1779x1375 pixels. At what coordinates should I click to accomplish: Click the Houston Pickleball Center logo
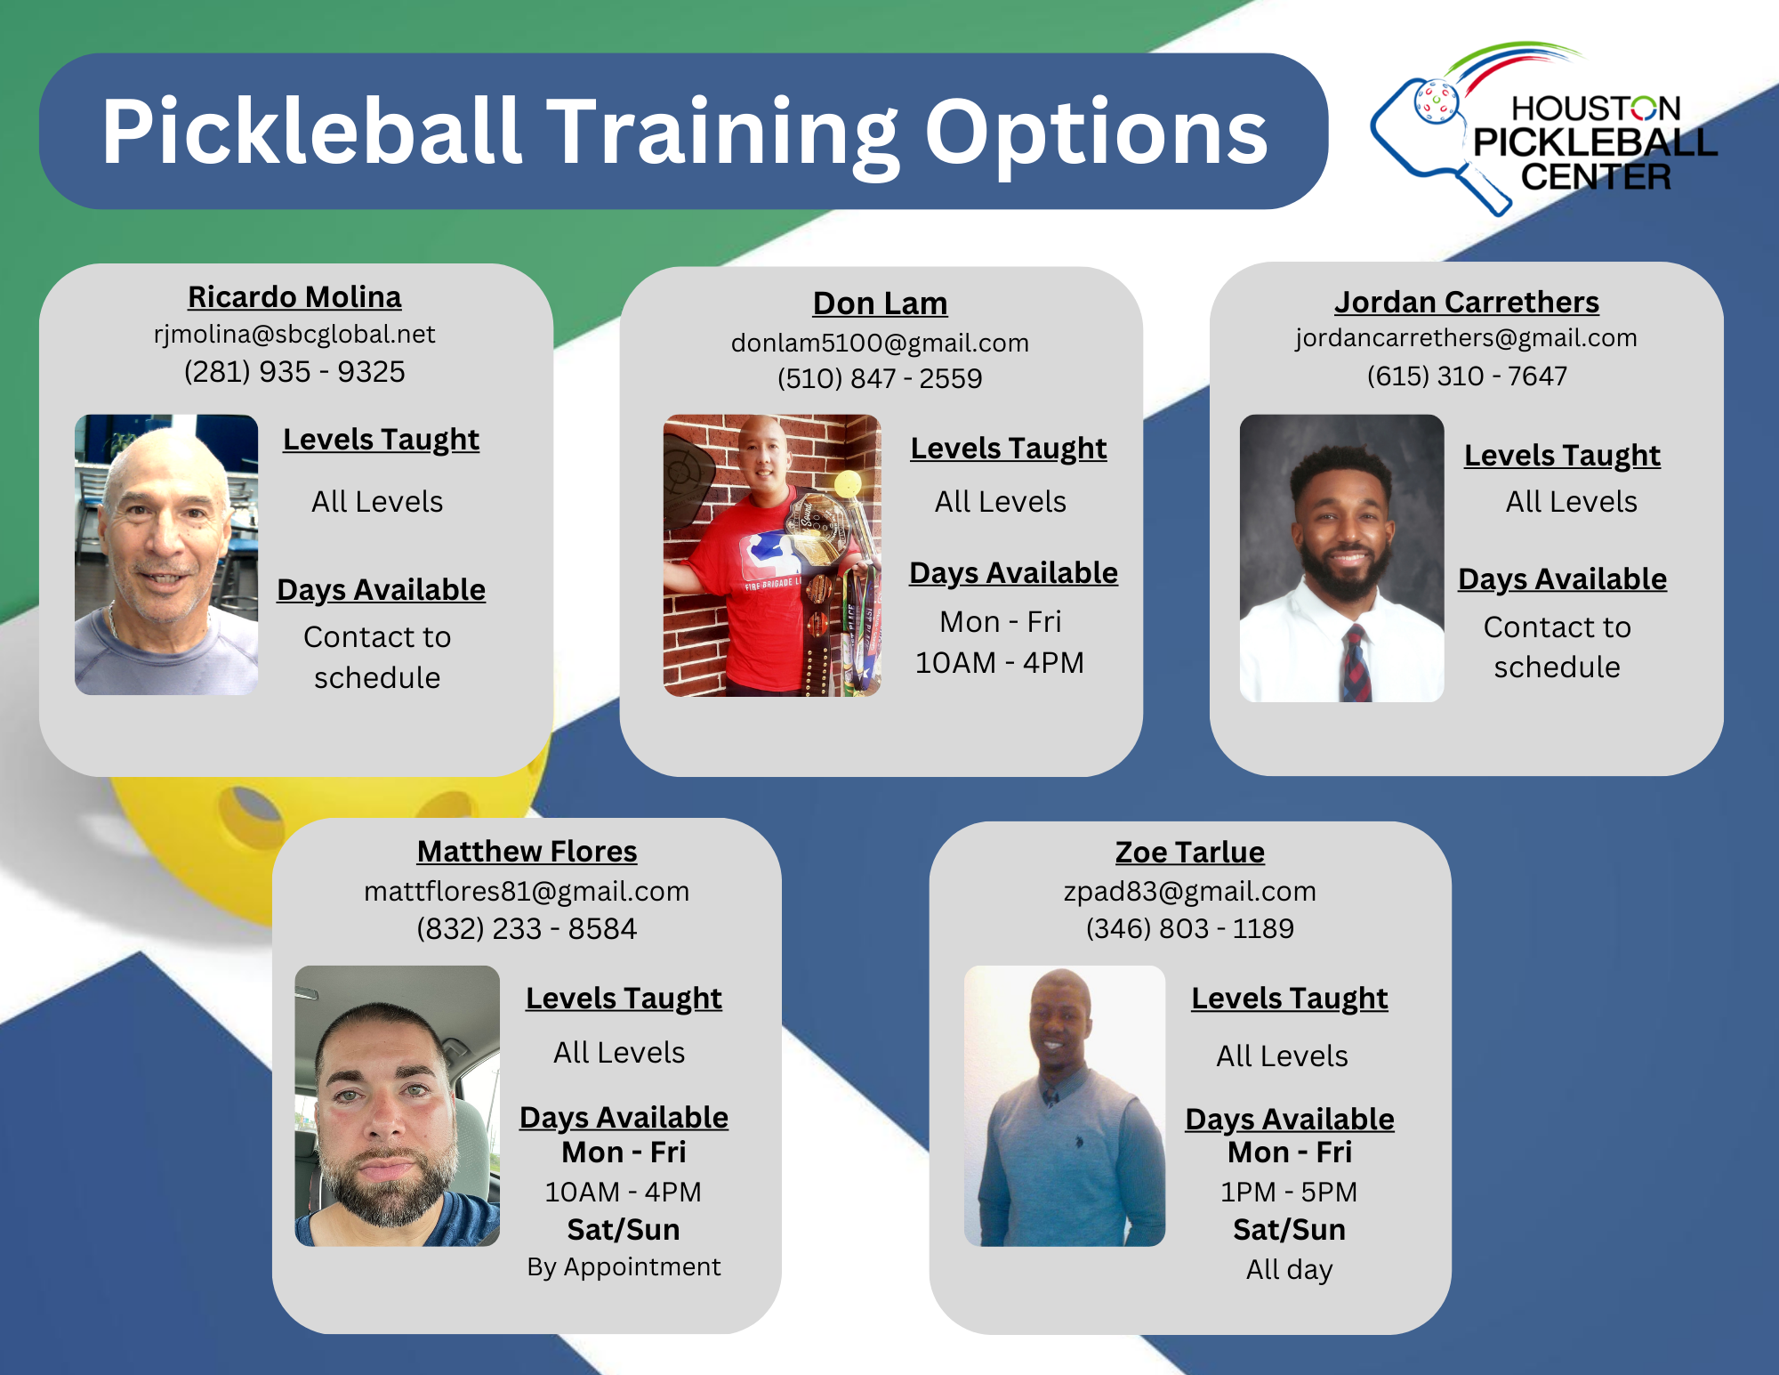click(1548, 133)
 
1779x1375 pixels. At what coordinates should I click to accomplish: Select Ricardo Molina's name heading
click(294, 297)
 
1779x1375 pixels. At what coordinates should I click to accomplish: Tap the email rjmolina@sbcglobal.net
click(294, 335)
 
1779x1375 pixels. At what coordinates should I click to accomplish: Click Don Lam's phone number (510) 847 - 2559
click(880, 379)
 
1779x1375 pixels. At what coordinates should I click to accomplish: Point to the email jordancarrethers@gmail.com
click(1466, 338)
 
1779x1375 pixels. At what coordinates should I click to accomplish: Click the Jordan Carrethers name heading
click(1466, 303)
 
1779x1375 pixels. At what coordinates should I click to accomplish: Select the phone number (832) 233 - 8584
click(527, 929)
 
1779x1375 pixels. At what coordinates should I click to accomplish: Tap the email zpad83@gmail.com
click(1189, 892)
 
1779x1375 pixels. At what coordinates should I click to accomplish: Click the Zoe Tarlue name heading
click(1189, 853)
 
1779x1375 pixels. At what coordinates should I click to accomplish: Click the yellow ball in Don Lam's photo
click(847, 483)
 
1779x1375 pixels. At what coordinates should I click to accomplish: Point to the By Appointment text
click(624, 1267)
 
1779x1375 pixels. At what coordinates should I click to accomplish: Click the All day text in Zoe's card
click(1289, 1270)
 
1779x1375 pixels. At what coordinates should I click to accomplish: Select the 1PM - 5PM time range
click(1289, 1193)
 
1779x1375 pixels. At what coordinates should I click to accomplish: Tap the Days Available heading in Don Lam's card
click(1013, 573)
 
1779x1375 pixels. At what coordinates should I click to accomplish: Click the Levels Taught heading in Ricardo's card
click(381, 440)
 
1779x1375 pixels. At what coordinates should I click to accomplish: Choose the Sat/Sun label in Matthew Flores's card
click(624, 1230)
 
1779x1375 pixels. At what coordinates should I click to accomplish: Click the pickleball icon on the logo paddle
click(1436, 101)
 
